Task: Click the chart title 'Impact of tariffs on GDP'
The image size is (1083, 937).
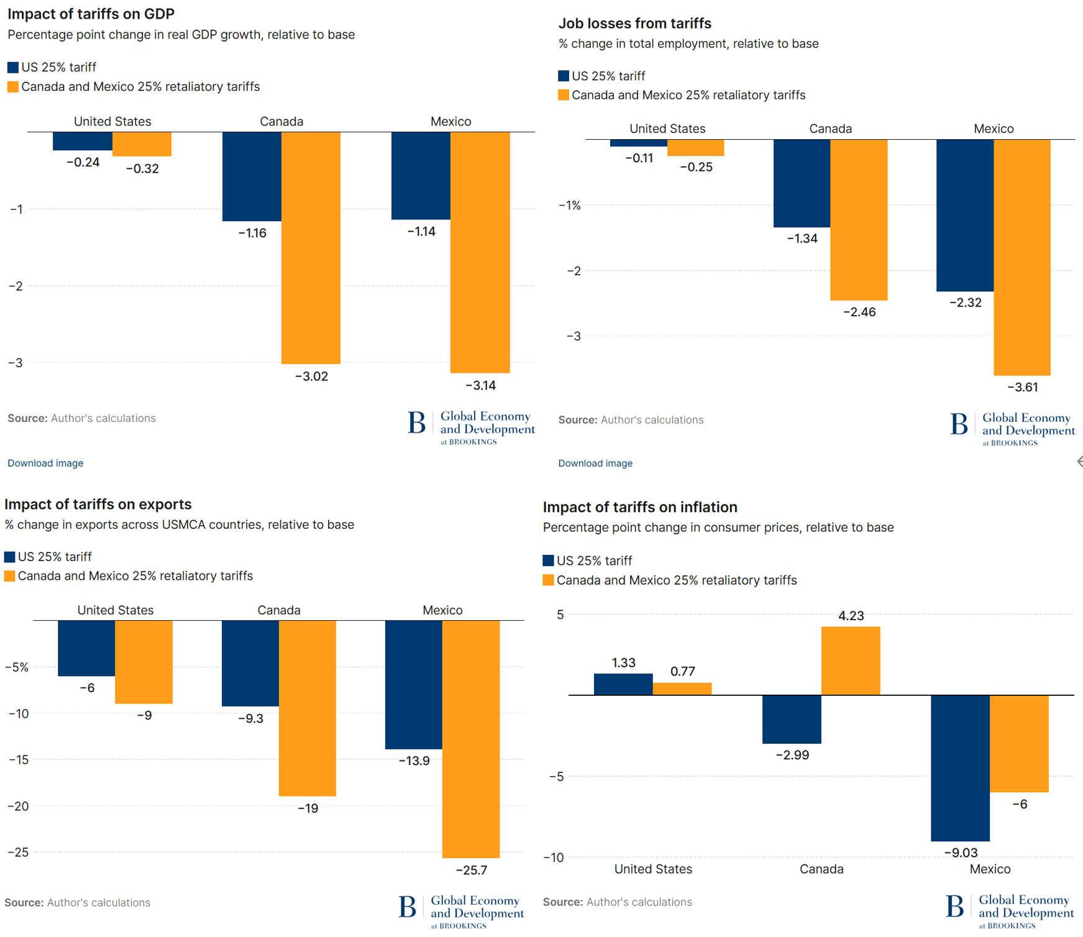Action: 91,14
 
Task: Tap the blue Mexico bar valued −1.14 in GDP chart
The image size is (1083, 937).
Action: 421,175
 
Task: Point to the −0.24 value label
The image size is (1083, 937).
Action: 83,162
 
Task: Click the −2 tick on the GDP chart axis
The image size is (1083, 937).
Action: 16,286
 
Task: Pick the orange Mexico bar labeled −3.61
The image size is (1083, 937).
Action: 1021,257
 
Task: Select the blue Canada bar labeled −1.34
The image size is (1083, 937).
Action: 802,183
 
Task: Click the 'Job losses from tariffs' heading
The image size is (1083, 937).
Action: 634,23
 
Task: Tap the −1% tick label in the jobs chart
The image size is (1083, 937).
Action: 569,205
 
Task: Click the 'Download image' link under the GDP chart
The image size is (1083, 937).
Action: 45,463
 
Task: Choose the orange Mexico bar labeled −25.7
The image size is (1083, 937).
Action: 470,739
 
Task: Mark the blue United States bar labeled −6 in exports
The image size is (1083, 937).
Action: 86,648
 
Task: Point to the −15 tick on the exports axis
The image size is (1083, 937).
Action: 18,759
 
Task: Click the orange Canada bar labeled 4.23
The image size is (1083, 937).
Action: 850,660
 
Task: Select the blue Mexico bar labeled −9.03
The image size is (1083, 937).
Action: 960,768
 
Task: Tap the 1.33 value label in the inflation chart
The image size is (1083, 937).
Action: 623,662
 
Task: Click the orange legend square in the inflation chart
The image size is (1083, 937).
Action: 548,580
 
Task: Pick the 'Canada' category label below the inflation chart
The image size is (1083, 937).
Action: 821,869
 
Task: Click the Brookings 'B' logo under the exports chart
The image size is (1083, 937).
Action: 408,907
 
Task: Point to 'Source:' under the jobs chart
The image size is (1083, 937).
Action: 578,420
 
